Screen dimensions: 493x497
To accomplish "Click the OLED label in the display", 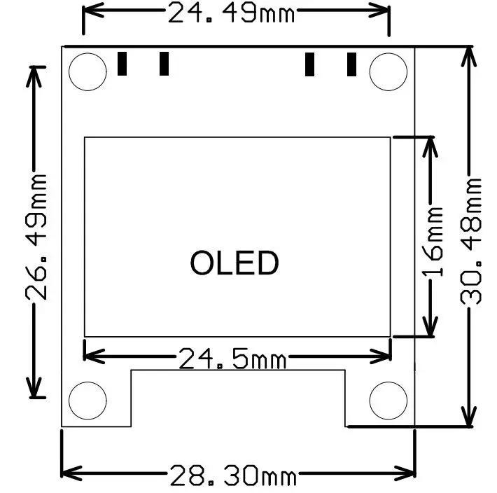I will pyautogui.click(x=234, y=263).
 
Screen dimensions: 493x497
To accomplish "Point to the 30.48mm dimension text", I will pyautogui.click(x=472, y=239).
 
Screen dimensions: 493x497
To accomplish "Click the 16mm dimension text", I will pyautogui.click(x=433, y=241).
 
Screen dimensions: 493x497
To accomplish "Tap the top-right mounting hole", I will pyautogui.click(x=388, y=71).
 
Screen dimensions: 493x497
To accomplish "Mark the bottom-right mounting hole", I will pyautogui.click(x=388, y=400).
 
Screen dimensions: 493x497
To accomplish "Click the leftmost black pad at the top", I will pyautogui.click(x=122, y=64).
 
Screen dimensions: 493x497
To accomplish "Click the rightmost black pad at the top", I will pyautogui.click(x=352, y=64).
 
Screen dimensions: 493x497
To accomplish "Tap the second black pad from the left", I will pyautogui.click(x=164, y=64).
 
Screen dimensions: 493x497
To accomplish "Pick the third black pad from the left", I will pyautogui.click(x=309, y=64).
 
